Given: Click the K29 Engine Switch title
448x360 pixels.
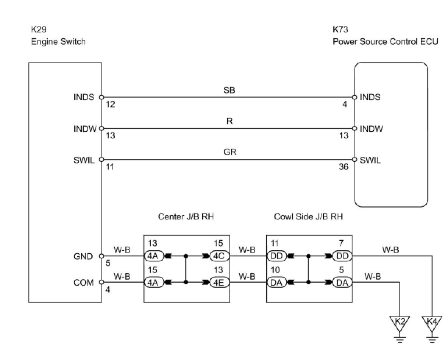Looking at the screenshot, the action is [x=58, y=36].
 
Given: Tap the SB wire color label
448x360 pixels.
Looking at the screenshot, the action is [x=229, y=90].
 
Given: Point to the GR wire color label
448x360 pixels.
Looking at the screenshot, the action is [x=230, y=152].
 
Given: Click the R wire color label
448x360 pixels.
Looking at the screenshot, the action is [x=230, y=121].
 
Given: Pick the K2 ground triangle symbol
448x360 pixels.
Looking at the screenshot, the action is [x=399, y=324].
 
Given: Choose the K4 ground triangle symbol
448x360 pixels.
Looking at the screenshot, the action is [x=432, y=324].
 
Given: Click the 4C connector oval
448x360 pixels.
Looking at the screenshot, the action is [x=219, y=256].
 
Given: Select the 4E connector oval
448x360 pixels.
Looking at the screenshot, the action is [x=219, y=282].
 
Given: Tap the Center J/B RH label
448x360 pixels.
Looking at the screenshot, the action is [x=186, y=217].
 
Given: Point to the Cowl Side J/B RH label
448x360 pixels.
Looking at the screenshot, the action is [x=308, y=217].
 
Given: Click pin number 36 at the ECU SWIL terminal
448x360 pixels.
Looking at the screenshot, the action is [x=344, y=167].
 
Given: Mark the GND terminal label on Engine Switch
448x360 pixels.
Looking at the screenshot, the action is [x=83, y=256].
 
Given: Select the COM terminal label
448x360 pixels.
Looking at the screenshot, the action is [x=83, y=282].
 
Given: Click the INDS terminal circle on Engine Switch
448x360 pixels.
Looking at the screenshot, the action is [x=102, y=97].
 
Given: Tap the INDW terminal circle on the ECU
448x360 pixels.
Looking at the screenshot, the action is [x=355, y=128].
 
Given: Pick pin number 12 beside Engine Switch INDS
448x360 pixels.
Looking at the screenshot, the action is [x=111, y=104].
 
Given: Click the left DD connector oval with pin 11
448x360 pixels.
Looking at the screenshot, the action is [x=277, y=256].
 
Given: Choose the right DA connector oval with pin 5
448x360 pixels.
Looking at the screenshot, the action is [x=342, y=282].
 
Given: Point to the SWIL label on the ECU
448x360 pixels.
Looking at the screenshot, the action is [x=370, y=160].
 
